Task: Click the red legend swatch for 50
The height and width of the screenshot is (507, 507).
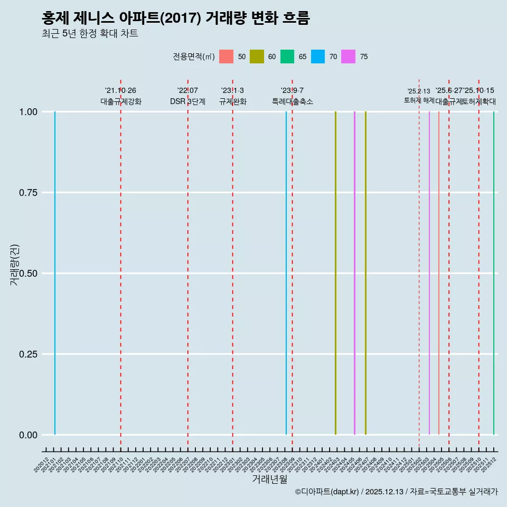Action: (x=226, y=57)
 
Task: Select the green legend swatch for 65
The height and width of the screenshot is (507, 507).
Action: (x=287, y=57)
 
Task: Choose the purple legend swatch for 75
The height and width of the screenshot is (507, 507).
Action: (x=349, y=57)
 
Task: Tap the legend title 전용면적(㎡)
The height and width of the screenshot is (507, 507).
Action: (x=193, y=57)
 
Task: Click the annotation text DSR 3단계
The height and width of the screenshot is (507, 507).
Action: (x=187, y=101)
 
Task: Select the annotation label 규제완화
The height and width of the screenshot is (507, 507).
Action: (x=233, y=101)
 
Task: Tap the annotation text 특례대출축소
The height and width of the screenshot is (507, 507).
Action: (x=293, y=101)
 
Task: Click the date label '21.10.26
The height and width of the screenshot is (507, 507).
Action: (x=121, y=91)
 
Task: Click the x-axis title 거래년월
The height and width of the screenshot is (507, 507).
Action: (x=270, y=480)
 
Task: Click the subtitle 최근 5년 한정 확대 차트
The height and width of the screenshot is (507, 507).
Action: (x=90, y=34)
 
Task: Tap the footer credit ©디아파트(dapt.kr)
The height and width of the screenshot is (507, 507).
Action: (x=327, y=492)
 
